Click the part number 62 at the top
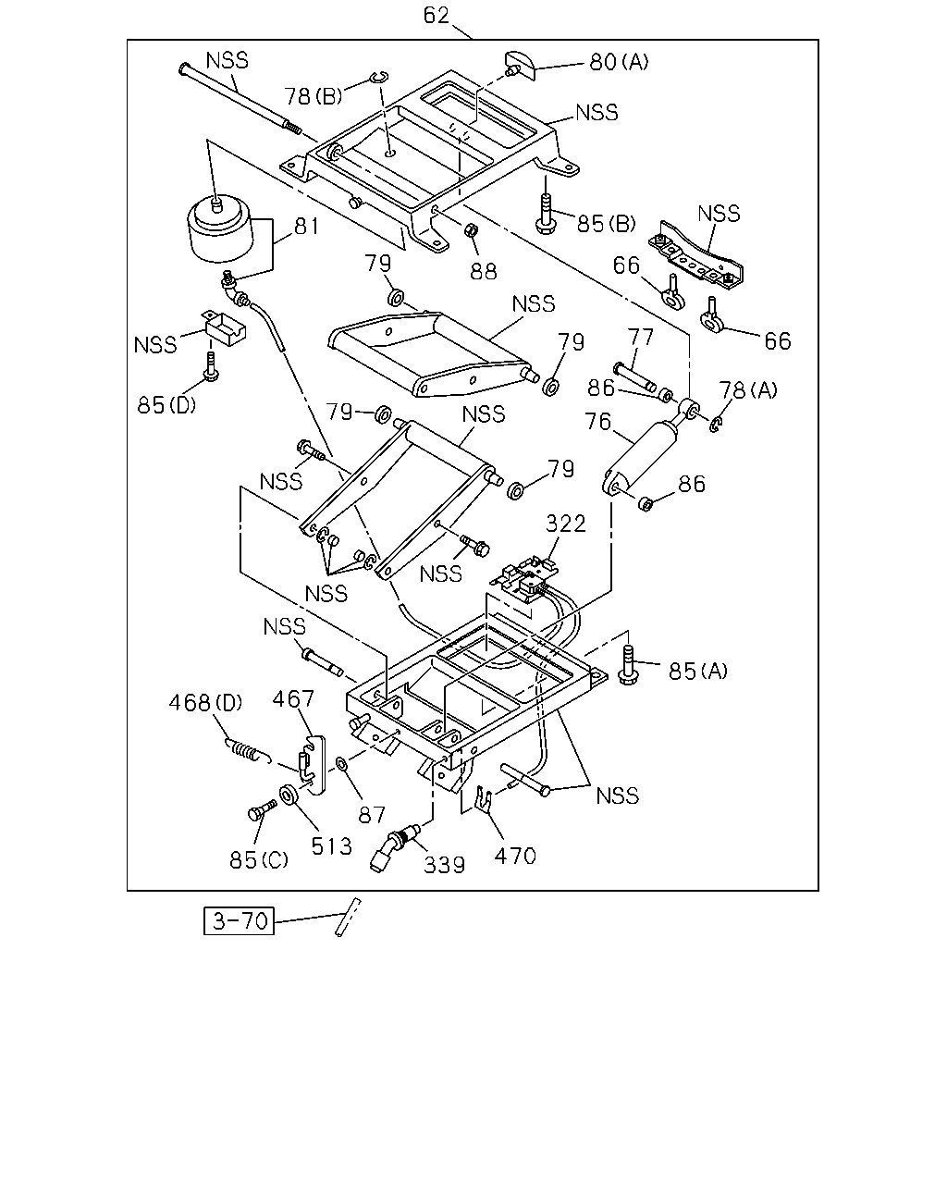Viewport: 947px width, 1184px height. click(x=436, y=16)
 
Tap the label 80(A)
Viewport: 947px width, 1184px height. click(x=619, y=62)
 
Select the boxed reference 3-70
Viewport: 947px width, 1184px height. click(x=239, y=920)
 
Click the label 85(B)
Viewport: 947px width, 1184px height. click(x=606, y=224)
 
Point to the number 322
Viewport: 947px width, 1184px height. click(x=566, y=524)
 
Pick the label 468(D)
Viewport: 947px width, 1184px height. click(x=205, y=702)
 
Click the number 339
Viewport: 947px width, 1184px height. click(x=444, y=865)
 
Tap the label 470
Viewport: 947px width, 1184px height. click(x=514, y=857)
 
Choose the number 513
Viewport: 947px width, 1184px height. click(x=331, y=846)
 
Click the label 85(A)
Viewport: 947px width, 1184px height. click(x=697, y=672)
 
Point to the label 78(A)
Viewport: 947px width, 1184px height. click(x=748, y=390)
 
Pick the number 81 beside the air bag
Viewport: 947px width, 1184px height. click(x=306, y=226)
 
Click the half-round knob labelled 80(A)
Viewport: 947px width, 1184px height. click(x=520, y=65)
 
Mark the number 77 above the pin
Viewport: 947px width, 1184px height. click(x=641, y=337)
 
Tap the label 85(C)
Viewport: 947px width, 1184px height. click(x=259, y=860)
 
